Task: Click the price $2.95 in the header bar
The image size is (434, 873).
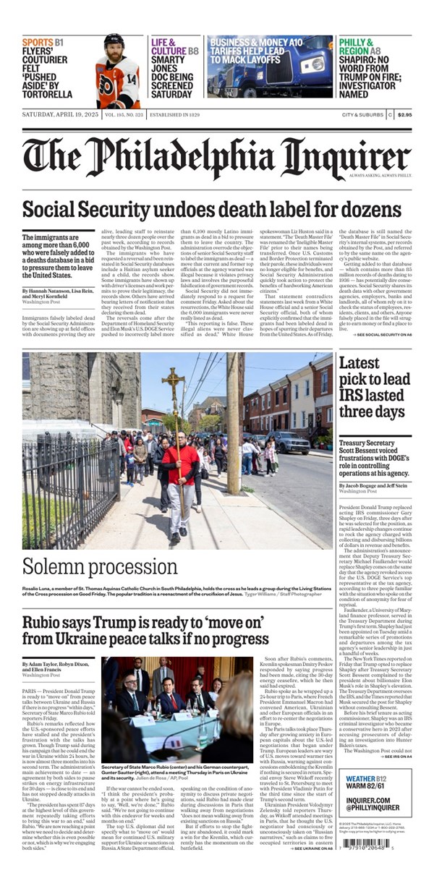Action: (x=404, y=114)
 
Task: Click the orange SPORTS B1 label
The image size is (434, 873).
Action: (x=42, y=43)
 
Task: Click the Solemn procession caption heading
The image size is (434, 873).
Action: (x=99, y=566)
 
